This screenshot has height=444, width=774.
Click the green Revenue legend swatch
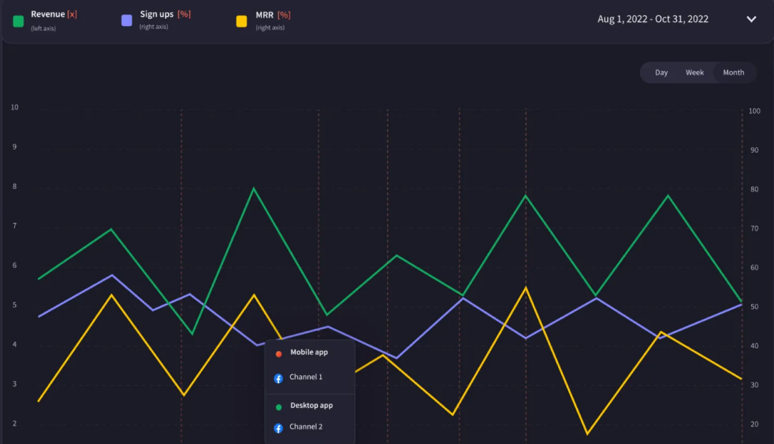tap(19, 21)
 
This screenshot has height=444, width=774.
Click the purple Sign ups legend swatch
tap(127, 21)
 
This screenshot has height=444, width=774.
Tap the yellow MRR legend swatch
tap(241, 21)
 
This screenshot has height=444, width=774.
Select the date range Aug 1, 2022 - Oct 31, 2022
tap(652, 19)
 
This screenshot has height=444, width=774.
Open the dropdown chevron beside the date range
tap(751, 19)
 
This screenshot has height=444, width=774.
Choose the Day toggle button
tap(661, 73)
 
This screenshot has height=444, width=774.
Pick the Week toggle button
tap(694, 73)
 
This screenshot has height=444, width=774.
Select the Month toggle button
tap(733, 73)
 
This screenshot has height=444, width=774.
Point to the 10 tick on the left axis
tap(15, 108)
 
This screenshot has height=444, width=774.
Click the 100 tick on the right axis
tap(755, 111)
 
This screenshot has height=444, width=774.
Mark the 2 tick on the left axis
tap(15, 424)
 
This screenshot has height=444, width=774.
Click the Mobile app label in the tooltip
tap(309, 352)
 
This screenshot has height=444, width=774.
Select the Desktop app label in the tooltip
tap(311, 406)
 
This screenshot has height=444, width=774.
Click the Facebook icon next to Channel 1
tap(279, 378)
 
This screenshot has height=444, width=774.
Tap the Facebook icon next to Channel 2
tap(279, 428)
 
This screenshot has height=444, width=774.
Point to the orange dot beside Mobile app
tap(279, 354)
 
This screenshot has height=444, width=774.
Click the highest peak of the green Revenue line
tap(253, 189)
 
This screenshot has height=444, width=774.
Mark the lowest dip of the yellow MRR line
tap(588, 434)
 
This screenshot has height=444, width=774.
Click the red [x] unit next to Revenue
tap(72, 15)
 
